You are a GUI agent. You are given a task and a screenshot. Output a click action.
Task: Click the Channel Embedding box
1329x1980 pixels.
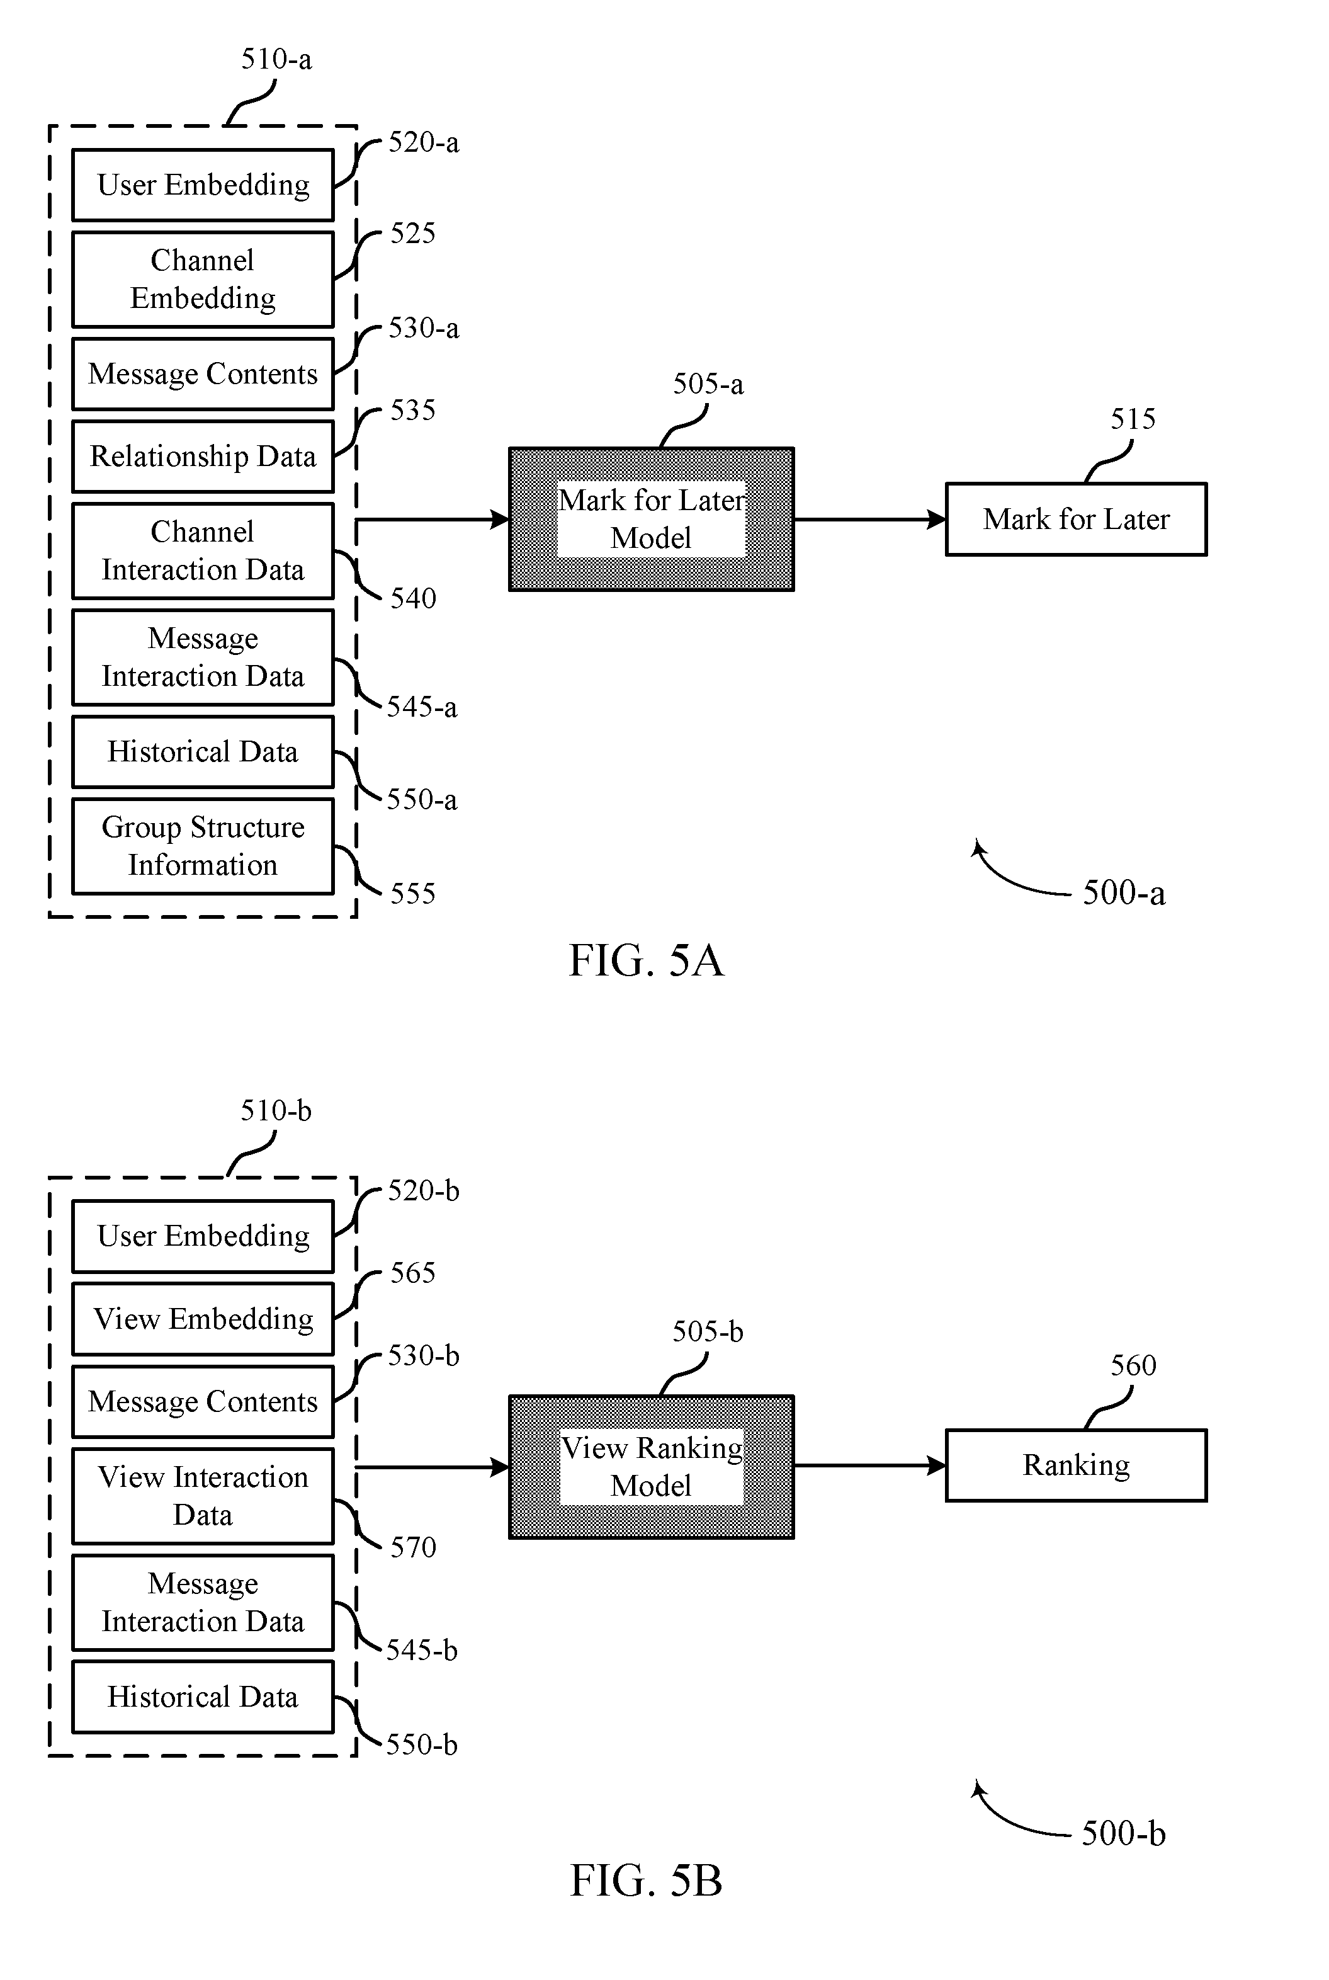point(203,279)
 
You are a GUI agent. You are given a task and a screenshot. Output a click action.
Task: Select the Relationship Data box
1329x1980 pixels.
point(203,456)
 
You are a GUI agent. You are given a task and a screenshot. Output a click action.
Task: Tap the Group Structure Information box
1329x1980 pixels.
point(203,846)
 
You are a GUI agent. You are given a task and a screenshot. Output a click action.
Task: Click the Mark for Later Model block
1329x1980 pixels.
point(651,519)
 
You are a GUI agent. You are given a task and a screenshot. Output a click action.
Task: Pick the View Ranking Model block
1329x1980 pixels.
point(651,1466)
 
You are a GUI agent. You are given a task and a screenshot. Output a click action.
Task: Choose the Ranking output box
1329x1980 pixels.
point(1075,1465)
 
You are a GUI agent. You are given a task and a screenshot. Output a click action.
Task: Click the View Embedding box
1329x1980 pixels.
point(203,1319)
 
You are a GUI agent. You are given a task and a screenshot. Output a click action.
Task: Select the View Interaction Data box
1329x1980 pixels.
point(203,1496)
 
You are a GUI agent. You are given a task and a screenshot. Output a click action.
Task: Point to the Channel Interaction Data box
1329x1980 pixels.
point(203,551)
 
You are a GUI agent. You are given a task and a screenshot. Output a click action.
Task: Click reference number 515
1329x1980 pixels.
point(1133,419)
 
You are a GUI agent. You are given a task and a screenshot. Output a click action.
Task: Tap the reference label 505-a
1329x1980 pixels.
point(708,385)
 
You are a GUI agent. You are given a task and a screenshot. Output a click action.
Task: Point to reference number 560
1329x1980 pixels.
point(1133,1365)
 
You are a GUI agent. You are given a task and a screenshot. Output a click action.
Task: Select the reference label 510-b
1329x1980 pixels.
point(276,1110)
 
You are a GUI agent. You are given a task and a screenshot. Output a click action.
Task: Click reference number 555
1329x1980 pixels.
point(413,894)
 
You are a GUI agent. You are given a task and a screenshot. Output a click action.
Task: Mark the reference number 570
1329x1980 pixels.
point(413,1548)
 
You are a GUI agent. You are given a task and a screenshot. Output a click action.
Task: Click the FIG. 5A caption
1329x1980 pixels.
point(646,961)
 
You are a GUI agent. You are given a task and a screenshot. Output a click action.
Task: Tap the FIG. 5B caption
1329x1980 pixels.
point(646,1881)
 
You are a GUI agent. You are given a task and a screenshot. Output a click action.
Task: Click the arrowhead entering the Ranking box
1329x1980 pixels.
point(937,1465)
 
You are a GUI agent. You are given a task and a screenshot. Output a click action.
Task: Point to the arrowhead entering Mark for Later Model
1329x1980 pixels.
point(500,519)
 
